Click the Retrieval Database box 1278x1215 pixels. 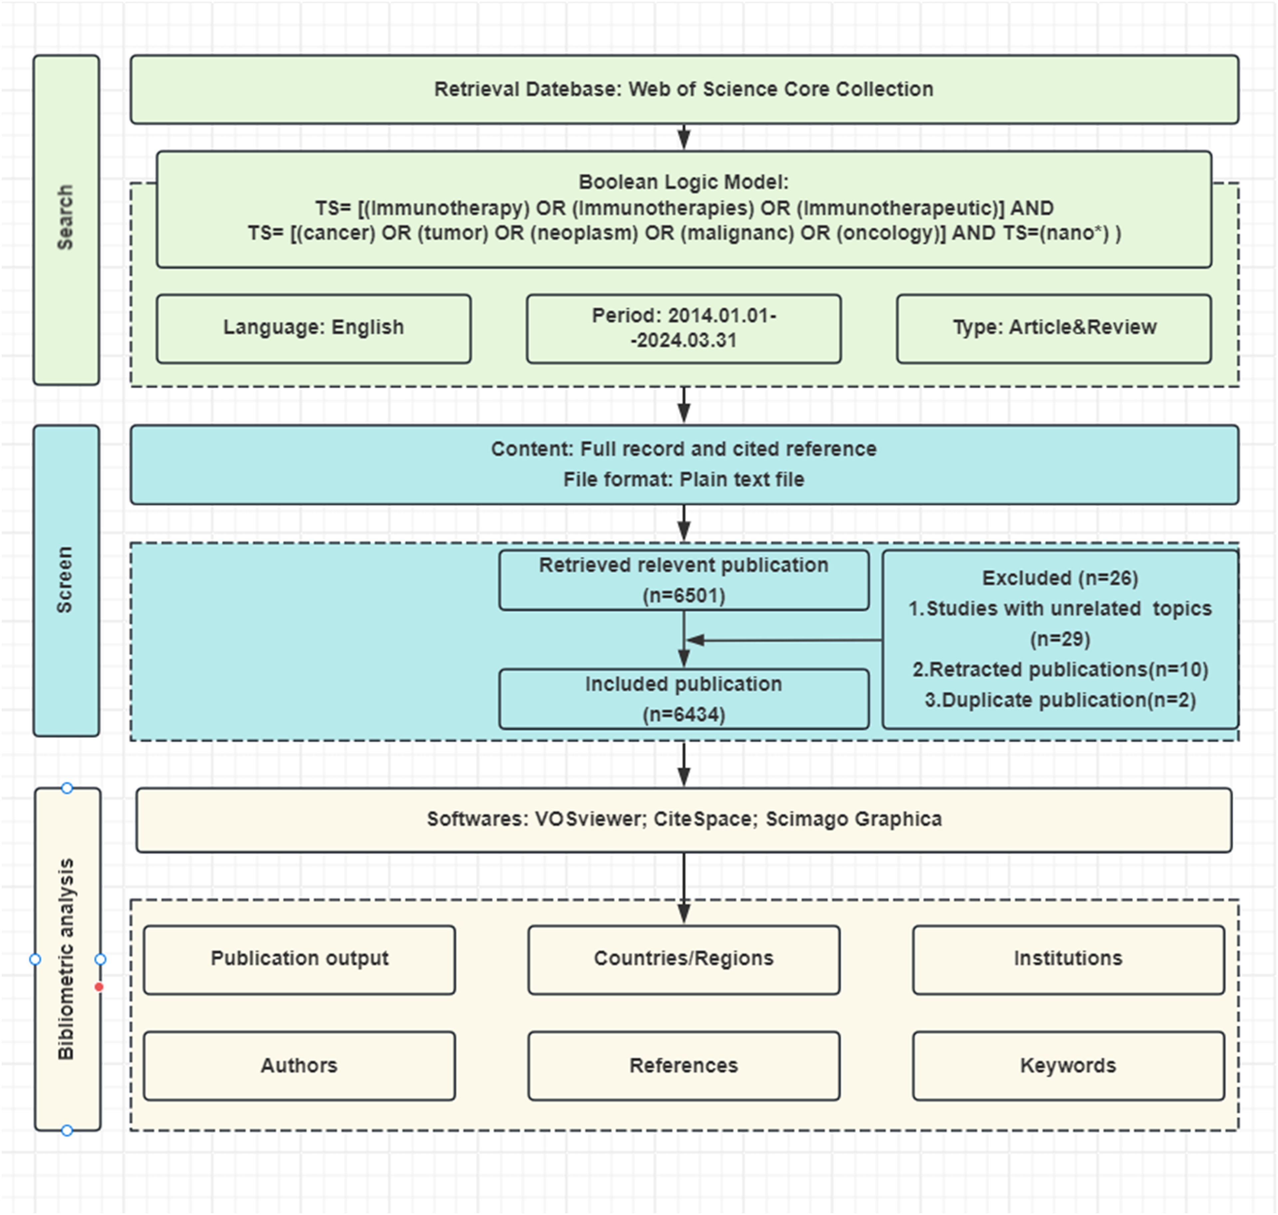[x=684, y=90]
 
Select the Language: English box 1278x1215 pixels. [x=314, y=328]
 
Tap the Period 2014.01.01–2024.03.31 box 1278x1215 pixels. [x=684, y=328]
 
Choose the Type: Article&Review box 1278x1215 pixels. [x=1054, y=328]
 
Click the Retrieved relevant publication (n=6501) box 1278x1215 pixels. [x=684, y=580]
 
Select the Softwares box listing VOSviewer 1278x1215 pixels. [x=684, y=820]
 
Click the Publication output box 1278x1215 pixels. [x=299, y=960]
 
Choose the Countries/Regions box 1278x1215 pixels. [x=684, y=960]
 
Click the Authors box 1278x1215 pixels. [x=299, y=1066]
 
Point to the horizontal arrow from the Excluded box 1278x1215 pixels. [x=784, y=640]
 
